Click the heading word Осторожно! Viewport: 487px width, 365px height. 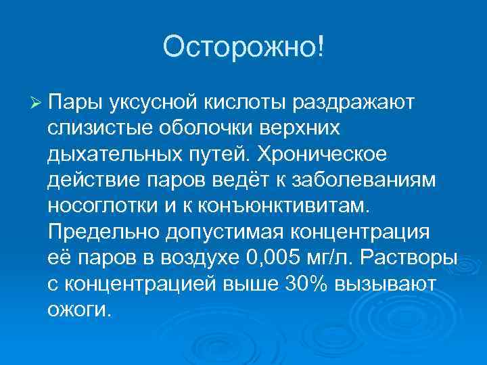tap(243, 47)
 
